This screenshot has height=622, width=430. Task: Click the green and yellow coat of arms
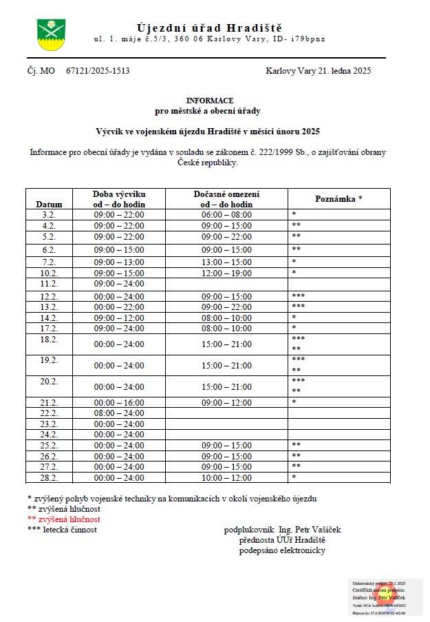point(50,34)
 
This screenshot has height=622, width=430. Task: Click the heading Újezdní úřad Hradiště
point(209,28)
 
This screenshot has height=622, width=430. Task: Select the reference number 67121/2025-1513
point(98,71)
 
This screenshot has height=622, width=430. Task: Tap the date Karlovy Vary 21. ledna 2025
point(318,71)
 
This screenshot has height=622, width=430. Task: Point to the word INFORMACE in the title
point(209,101)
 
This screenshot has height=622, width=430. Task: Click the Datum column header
point(49,204)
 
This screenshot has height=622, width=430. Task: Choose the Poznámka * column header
point(338,198)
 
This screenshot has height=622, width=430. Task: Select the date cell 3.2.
point(49,215)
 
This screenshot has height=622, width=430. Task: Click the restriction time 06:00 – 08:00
point(226,215)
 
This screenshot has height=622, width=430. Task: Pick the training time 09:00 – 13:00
point(119,262)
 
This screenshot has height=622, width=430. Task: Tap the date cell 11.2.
point(49,283)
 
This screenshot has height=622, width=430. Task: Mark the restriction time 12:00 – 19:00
point(226,273)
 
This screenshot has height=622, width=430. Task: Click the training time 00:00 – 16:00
point(119,402)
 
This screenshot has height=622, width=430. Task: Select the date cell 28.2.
point(49,477)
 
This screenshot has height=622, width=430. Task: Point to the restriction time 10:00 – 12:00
point(226,477)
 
